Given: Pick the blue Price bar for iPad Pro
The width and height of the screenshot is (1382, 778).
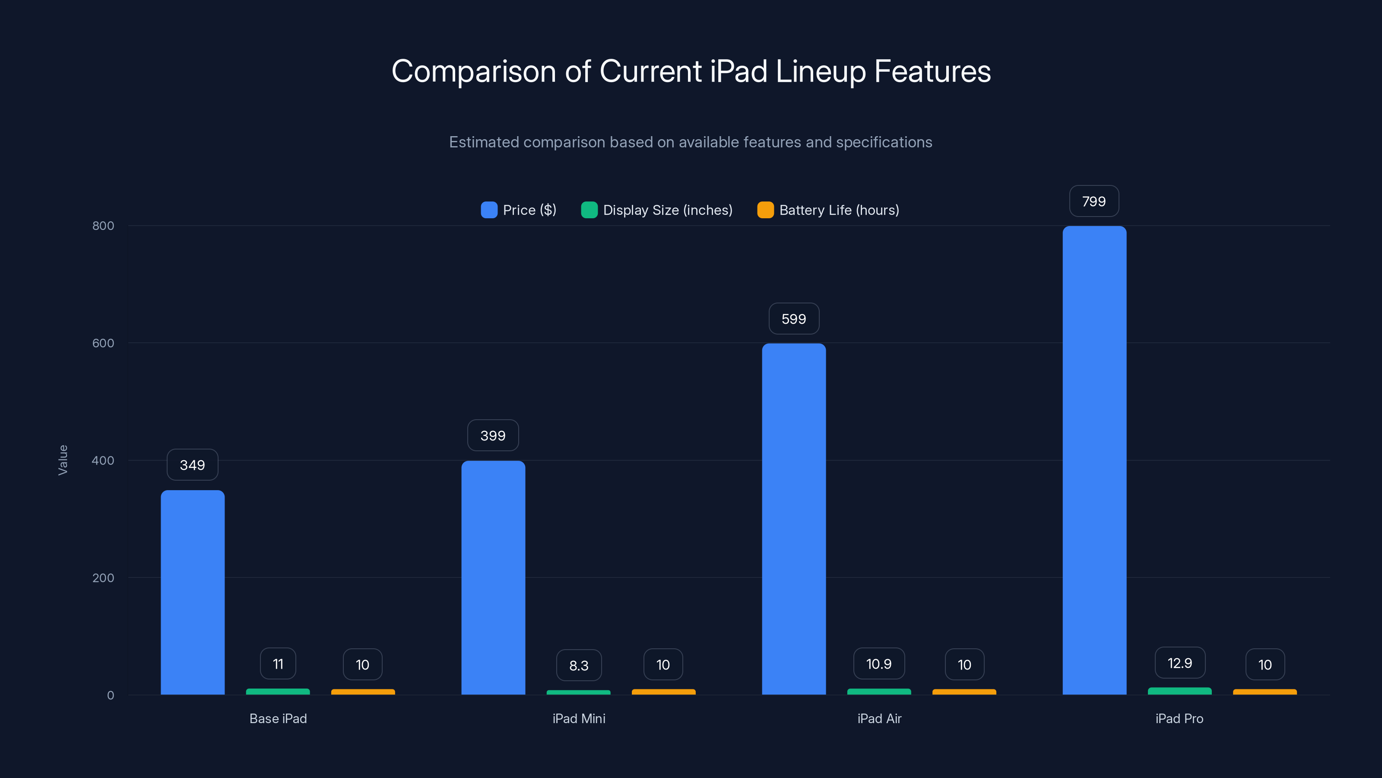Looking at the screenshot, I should click(x=1094, y=460).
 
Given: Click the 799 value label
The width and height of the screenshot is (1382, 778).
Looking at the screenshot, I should click(x=1094, y=201).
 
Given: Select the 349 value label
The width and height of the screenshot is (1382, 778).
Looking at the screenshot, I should click(x=192, y=465).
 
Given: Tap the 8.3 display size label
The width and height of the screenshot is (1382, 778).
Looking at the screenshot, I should click(x=579, y=665).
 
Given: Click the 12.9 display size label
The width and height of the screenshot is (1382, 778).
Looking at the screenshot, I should click(x=1180, y=663).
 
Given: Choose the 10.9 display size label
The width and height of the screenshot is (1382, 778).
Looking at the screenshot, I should click(x=879, y=664).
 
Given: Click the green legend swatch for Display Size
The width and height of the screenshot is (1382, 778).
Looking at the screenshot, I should click(x=589, y=210).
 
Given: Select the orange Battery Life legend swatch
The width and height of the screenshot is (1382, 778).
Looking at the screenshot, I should click(x=765, y=210).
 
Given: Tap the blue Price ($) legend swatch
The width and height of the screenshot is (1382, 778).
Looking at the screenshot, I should click(x=489, y=210).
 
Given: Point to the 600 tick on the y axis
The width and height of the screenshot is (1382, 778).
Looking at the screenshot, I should click(x=103, y=343).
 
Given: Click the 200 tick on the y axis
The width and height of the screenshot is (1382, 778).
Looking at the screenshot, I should click(x=103, y=578).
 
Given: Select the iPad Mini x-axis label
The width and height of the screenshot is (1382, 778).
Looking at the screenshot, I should click(x=579, y=718).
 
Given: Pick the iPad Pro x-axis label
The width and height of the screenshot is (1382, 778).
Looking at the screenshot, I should click(x=1179, y=718).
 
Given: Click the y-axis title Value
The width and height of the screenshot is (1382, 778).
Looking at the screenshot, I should click(x=63, y=460).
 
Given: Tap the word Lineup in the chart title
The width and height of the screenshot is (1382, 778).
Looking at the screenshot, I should click(x=820, y=71).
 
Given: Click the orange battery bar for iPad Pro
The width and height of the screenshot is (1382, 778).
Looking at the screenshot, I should click(x=1265, y=692).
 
